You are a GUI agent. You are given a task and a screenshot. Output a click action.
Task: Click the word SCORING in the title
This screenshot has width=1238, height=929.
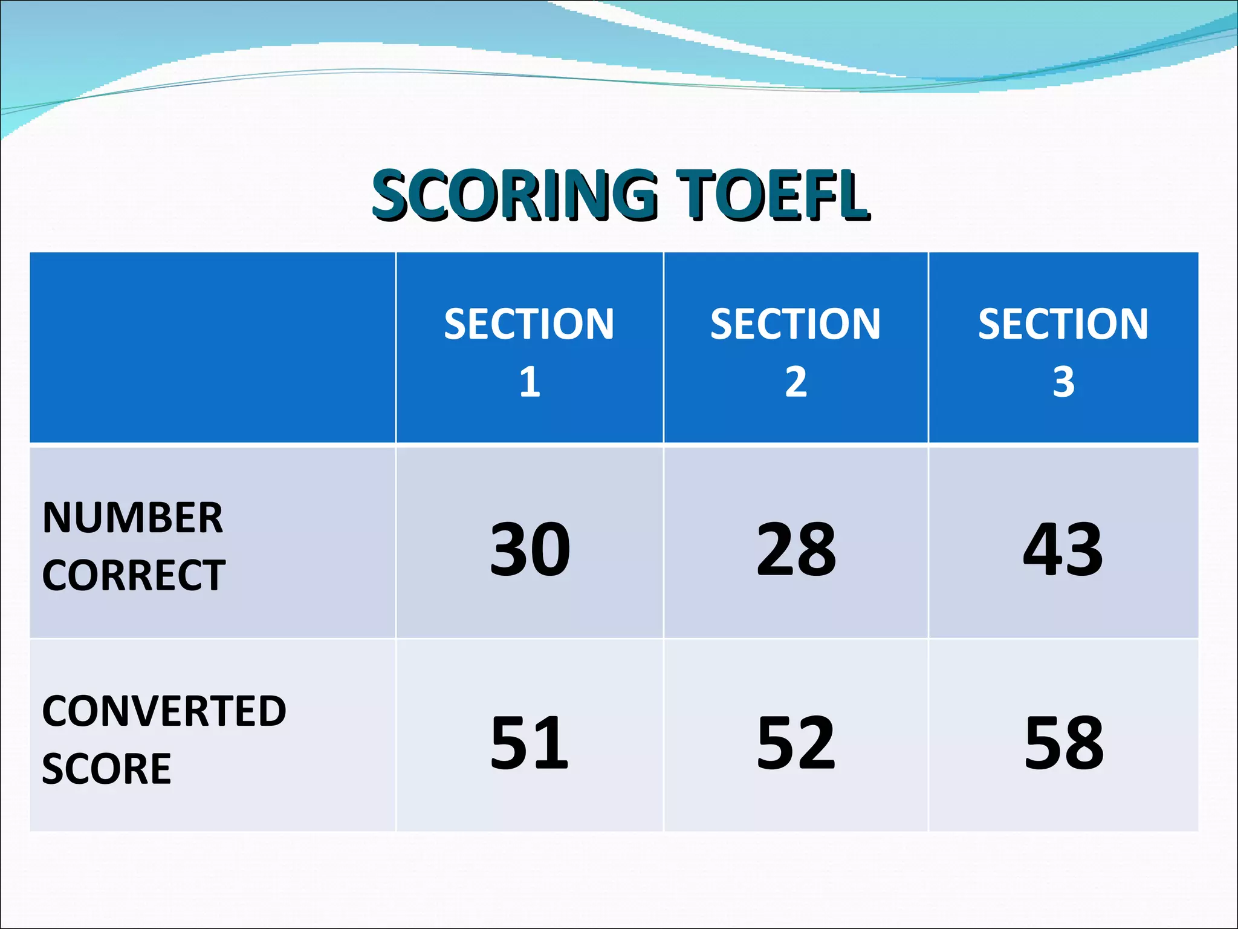point(514,195)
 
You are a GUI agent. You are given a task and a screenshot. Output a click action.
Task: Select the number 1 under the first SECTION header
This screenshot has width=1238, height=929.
point(530,382)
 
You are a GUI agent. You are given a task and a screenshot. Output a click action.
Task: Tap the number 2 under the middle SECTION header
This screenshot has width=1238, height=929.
point(796,382)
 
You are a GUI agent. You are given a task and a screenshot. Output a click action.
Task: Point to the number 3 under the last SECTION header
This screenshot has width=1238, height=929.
point(1063,382)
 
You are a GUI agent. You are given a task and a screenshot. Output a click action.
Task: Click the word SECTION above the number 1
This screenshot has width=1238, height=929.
point(529,324)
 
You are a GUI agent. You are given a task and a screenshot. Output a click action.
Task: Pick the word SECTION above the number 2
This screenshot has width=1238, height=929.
point(796,324)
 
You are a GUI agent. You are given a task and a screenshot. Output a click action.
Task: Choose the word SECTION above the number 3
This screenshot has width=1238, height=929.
point(1063,324)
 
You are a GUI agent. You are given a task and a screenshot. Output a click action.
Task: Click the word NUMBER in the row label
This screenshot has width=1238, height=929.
point(133,518)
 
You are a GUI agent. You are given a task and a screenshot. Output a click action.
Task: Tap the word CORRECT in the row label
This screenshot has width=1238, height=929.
point(134,575)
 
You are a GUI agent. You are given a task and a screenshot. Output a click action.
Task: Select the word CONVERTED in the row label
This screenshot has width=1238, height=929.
point(164,711)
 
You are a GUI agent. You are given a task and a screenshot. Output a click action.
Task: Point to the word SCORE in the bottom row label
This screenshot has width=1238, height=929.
point(107,769)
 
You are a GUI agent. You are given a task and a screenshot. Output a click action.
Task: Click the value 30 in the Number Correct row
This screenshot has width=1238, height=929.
point(530,550)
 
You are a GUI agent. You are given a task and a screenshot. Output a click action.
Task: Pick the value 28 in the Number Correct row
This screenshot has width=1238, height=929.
point(796,550)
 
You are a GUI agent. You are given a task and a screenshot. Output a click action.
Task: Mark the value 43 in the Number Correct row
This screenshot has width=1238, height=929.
point(1063,550)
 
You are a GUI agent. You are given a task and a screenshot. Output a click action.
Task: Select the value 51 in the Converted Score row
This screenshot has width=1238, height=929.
point(530,742)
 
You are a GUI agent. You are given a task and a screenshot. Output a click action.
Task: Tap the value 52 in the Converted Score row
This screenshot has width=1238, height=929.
point(796,742)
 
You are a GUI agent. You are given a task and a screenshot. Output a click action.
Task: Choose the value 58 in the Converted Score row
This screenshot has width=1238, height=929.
point(1064,742)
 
